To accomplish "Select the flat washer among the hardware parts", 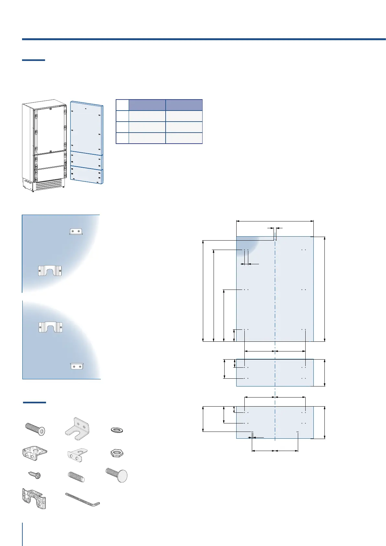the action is tap(117, 430).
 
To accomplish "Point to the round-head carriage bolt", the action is tap(117, 475).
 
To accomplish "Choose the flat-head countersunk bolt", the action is tap(35, 429).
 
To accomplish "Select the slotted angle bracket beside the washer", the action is tap(77, 428).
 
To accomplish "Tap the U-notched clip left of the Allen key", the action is tap(34, 498).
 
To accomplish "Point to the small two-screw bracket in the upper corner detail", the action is tap(76, 231).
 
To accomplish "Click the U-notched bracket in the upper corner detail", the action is tap(50, 271).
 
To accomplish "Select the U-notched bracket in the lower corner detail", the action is tap(50, 327).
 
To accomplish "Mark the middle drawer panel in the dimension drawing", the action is tap(275, 373).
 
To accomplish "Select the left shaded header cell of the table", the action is tap(147, 105).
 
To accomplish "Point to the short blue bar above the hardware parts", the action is tap(34, 403).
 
